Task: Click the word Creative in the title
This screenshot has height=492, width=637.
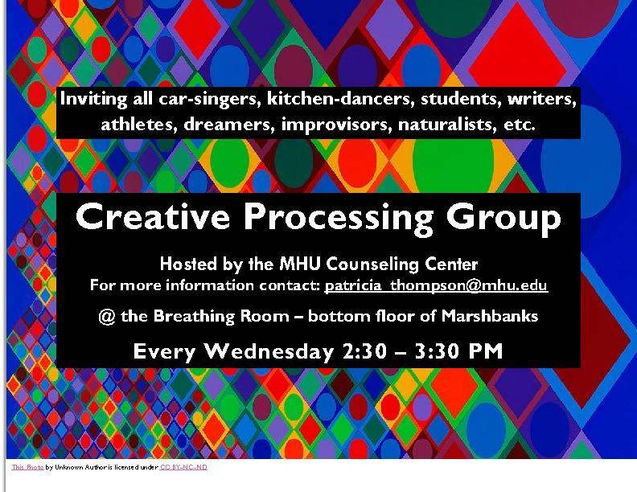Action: (153, 216)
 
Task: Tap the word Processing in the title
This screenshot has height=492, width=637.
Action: (339, 219)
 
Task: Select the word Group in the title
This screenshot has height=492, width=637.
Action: (503, 219)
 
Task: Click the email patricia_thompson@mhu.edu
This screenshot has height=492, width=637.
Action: (436, 285)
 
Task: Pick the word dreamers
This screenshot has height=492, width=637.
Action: (227, 124)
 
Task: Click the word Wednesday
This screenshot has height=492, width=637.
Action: (269, 351)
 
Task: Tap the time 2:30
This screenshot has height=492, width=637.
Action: (364, 351)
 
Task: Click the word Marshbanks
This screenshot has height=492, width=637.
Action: (490, 316)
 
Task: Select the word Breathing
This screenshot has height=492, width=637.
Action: (194, 317)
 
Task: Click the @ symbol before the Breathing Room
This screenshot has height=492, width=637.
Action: (106, 317)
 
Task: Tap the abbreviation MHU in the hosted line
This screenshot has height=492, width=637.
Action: (301, 264)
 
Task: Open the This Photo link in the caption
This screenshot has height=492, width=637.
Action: (27, 467)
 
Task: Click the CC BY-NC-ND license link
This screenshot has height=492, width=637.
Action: (183, 467)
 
